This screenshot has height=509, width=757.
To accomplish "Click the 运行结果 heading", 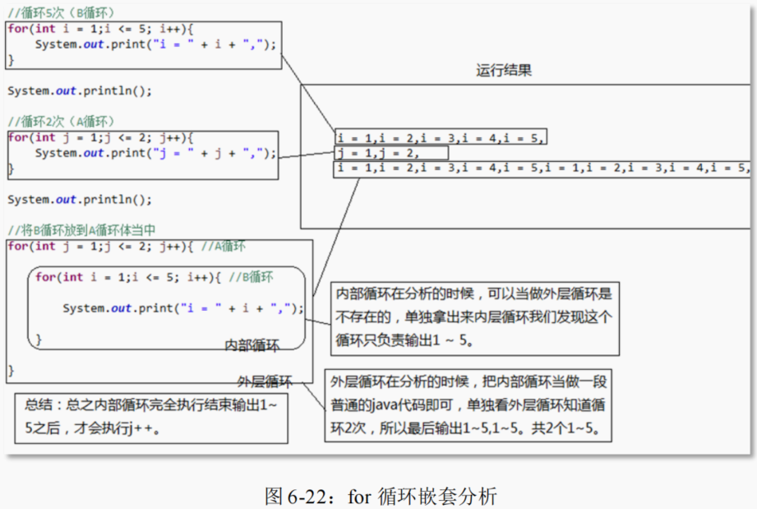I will (503, 70).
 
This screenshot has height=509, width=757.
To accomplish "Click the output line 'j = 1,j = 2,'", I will (379, 153).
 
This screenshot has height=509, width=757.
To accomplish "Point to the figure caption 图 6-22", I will (381, 496).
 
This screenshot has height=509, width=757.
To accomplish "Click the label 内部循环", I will (252, 345).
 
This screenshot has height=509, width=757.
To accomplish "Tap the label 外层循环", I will (264, 382).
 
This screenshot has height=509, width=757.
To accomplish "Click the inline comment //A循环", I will (223, 246).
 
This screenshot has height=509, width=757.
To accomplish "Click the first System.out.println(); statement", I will (80, 90).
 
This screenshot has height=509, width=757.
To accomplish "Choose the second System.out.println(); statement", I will (80, 199).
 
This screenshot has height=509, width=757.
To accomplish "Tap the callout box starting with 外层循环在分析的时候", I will (469, 405).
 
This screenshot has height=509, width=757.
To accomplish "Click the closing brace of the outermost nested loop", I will (12, 371).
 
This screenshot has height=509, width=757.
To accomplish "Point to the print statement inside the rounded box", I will (182, 308).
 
